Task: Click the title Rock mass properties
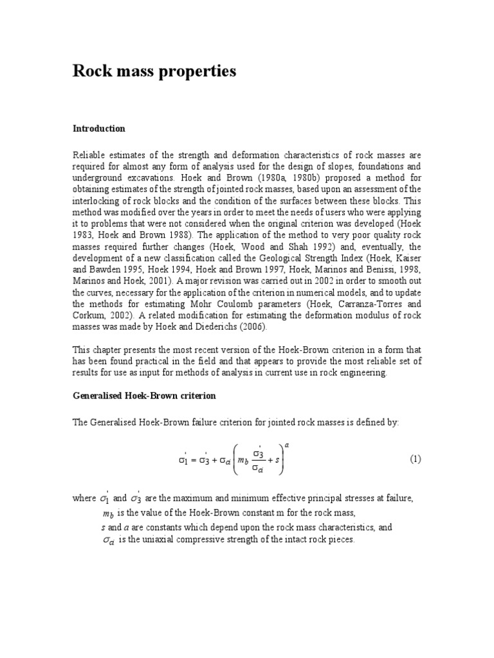154,71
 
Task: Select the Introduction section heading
98,129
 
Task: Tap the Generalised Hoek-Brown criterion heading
143,396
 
